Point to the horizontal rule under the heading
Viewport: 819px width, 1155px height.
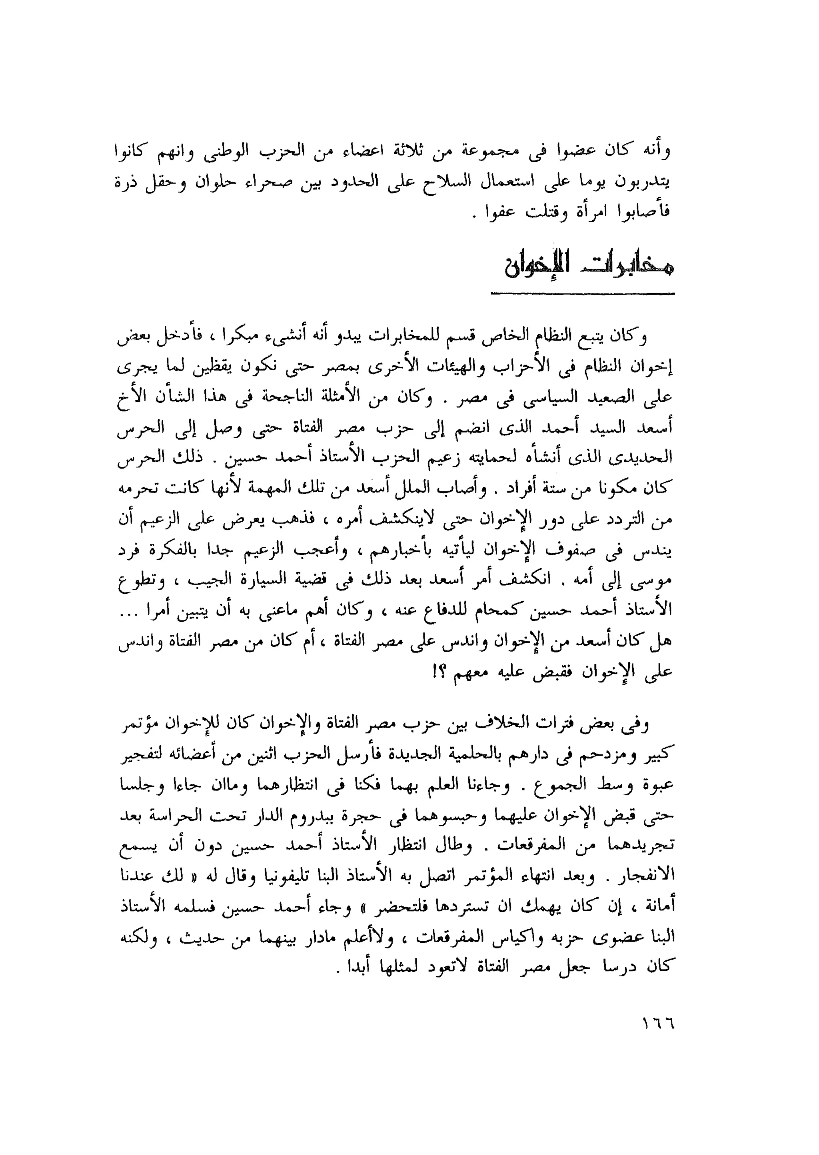[583, 293]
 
